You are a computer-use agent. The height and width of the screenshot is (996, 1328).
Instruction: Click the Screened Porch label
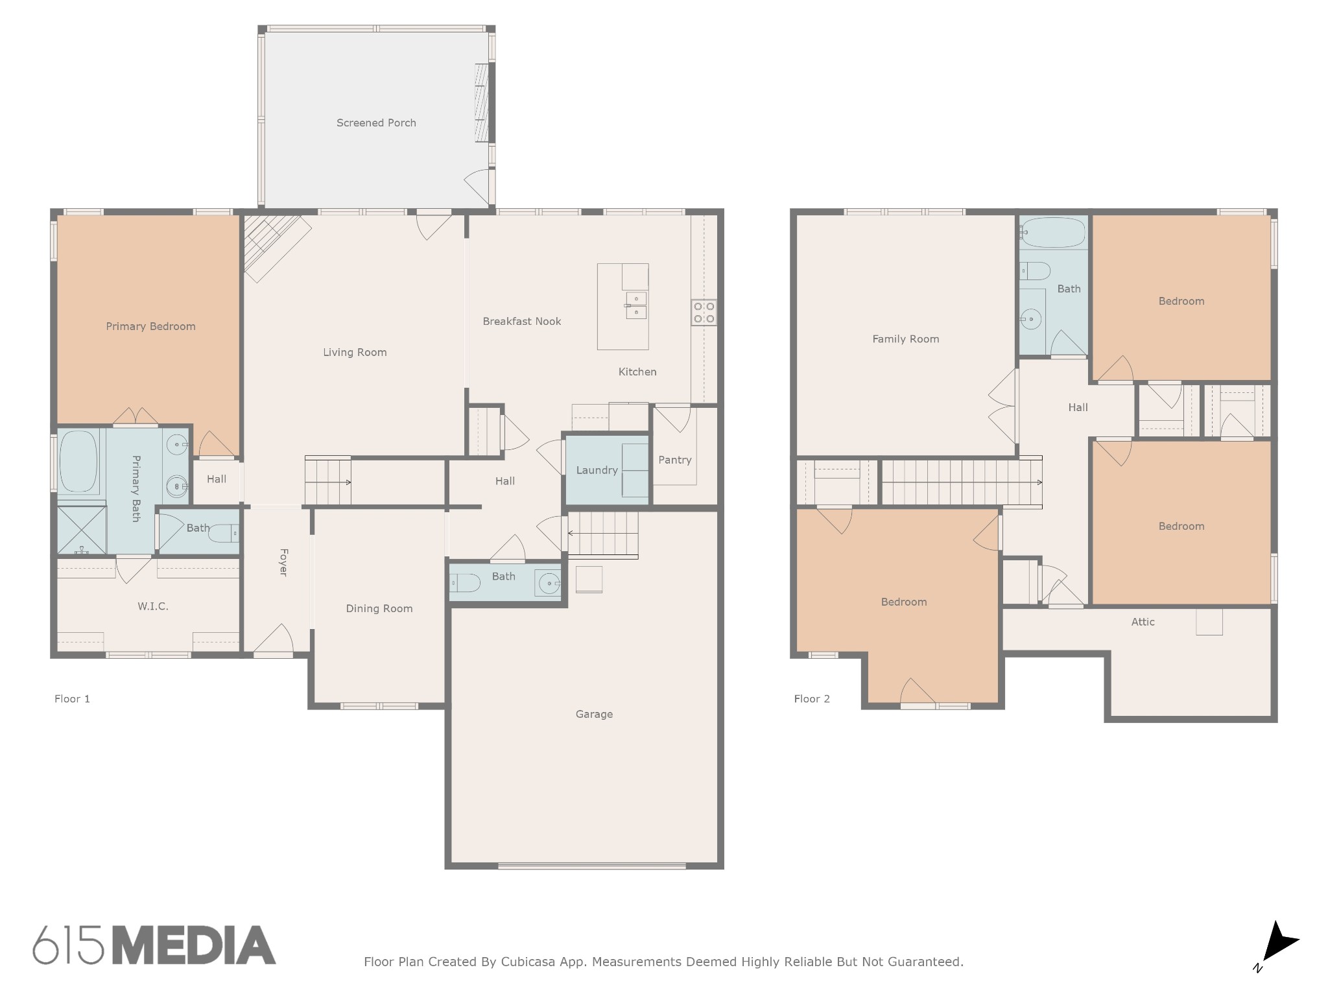(376, 123)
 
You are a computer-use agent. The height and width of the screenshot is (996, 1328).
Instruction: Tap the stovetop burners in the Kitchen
(704, 312)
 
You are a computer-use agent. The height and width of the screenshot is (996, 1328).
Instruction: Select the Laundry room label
(597, 470)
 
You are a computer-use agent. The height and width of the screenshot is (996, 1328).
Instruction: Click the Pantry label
(675, 460)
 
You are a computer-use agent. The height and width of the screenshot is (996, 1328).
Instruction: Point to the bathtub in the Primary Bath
(79, 462)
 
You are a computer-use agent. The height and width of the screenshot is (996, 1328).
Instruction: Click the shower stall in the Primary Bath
(82, 530)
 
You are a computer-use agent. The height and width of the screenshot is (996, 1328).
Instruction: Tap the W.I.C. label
(153, 606)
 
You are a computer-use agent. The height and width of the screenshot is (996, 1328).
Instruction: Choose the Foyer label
(283, 562)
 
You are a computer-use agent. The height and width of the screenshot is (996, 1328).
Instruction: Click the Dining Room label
(379, 608)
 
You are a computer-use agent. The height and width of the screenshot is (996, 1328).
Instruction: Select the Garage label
(594, 714)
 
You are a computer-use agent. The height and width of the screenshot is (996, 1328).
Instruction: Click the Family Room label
(906, 338)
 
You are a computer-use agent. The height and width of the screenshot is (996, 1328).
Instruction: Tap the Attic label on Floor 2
(1143, 622)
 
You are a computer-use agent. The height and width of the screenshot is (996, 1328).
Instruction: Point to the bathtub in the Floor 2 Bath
(1053, 233)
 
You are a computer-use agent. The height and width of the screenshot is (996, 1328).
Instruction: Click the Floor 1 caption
(72, 698)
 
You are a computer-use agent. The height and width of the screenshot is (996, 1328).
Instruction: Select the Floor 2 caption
(812, 698)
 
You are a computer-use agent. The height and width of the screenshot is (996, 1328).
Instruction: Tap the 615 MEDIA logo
(154, 945)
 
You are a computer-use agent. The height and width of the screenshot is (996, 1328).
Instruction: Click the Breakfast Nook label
(522, 321)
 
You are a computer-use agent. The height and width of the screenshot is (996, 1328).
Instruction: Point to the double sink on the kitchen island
(636, 305)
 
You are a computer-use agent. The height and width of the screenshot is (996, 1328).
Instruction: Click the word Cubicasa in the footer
(528, 962)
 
